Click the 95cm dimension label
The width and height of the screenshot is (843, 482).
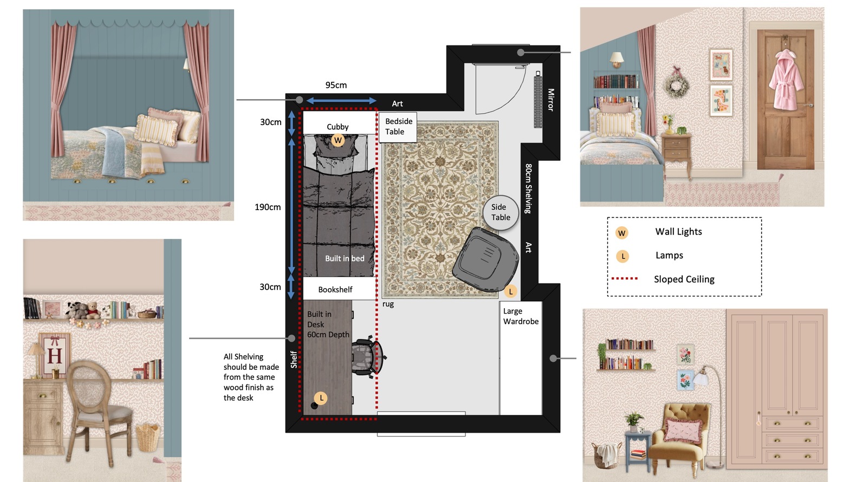tap(336, 85)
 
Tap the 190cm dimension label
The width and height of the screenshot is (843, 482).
tap(268, 207)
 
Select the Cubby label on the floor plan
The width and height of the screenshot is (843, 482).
tap(338, 127)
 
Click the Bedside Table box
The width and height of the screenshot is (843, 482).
tap(398, 127)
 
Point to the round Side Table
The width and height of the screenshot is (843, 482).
tap(501, 212)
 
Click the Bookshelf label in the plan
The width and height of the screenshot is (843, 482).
tap(335, 289)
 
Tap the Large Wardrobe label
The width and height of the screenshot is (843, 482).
tap(521, 316)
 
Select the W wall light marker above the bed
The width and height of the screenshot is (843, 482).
tap(338, 140)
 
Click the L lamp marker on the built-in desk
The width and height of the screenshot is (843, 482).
tap(321, 398)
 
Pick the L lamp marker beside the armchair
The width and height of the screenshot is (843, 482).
tap(510, 291)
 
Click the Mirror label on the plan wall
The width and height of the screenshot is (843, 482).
tap(550, 100)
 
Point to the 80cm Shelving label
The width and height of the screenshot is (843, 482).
tap(528, 188)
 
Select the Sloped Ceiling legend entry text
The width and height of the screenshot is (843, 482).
tap(684, 279)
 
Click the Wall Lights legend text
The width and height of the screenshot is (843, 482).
tap(678, 231)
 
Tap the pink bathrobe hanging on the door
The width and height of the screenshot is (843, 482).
tap(786, 80)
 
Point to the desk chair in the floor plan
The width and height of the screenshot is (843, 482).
tap(368, 357)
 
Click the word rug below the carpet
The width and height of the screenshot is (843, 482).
tap(388, 304)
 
